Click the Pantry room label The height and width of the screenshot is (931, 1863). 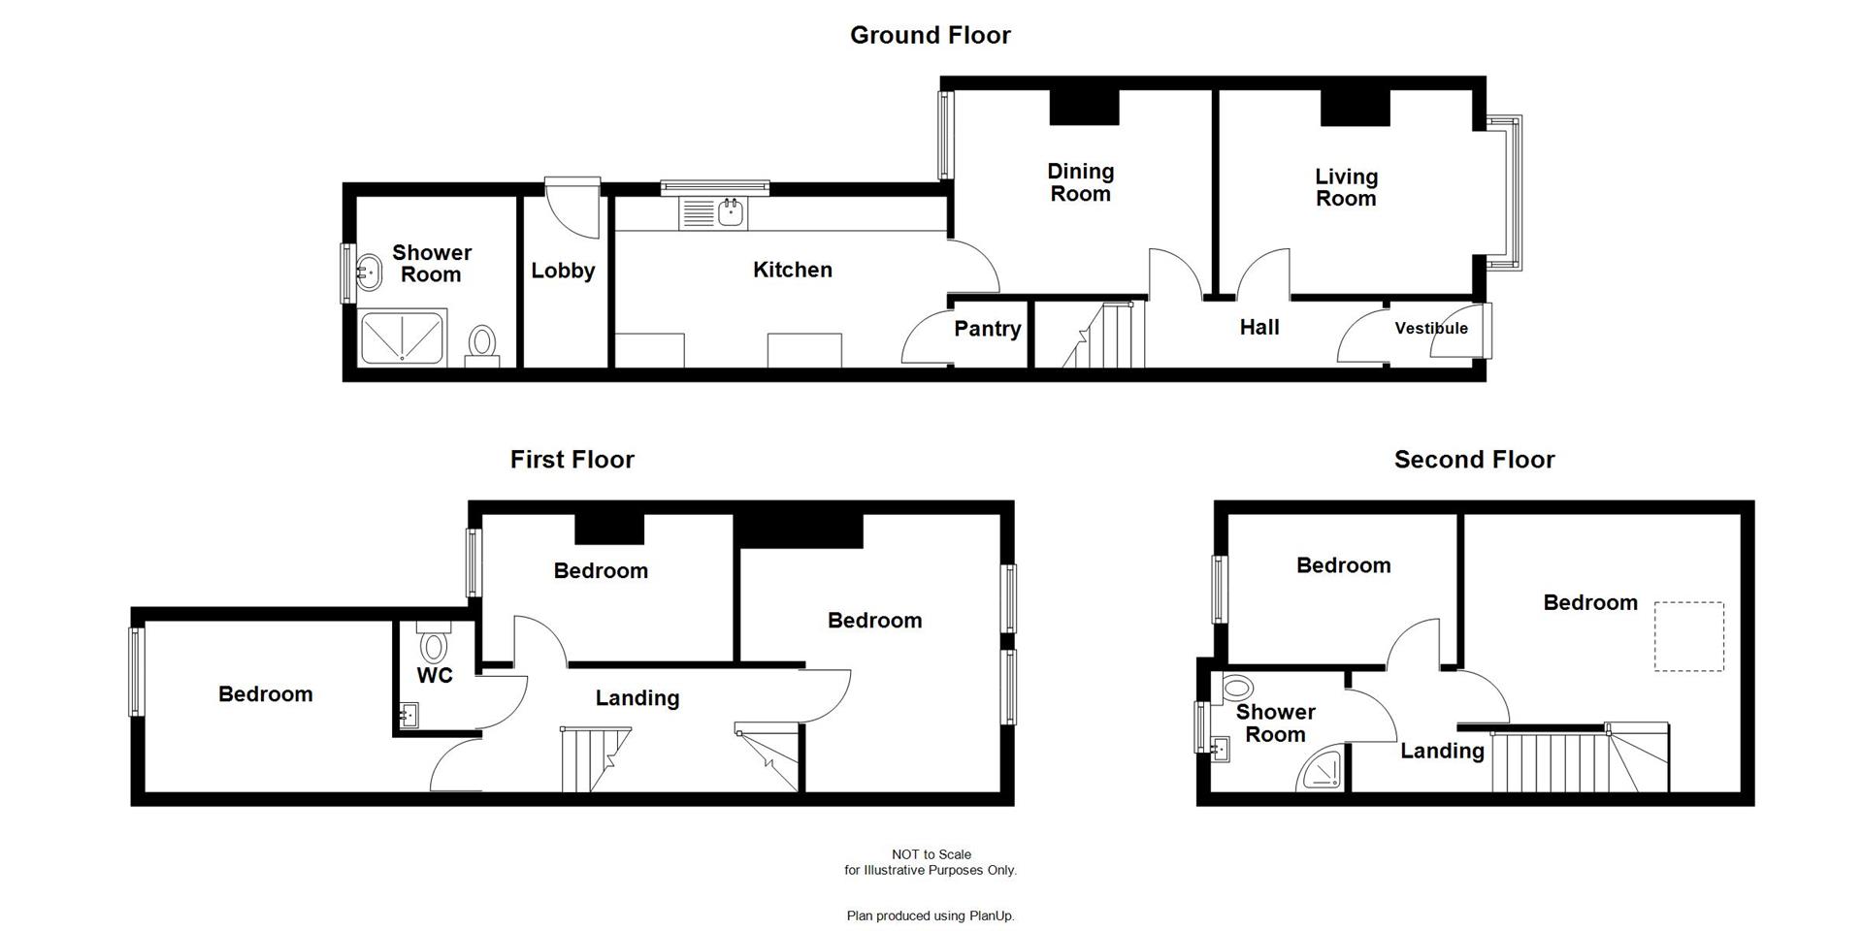(987, 329)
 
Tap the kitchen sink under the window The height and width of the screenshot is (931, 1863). (732, 212)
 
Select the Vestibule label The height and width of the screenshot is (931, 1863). (1430, 328)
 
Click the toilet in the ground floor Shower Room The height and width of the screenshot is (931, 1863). (482, 343)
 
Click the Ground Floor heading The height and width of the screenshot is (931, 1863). (930, 35)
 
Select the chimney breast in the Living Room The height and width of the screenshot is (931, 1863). (1355, 107)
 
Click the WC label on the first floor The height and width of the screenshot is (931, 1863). (435, 675)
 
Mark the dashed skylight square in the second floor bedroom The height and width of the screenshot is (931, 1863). (1688, 636)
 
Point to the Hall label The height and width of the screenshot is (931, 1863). (1258, 328)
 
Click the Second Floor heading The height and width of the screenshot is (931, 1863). (1473, 460)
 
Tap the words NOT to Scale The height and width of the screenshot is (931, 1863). (931, 854)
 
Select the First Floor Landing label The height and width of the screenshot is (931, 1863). (637, 698)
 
